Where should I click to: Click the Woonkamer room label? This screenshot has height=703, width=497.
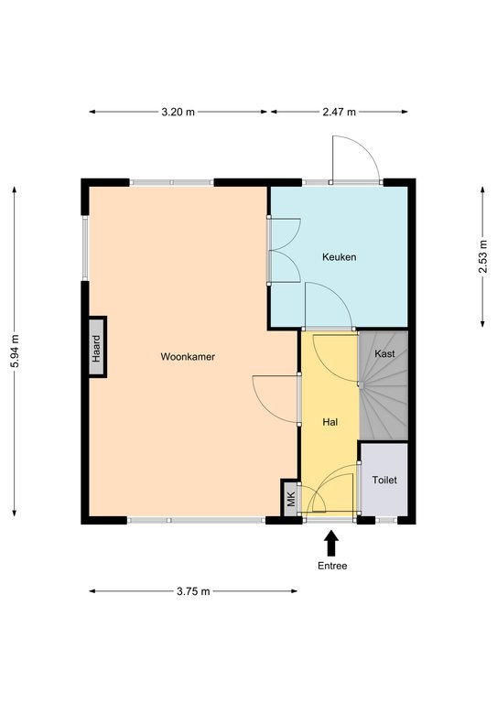188,357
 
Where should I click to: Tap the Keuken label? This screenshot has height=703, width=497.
340,257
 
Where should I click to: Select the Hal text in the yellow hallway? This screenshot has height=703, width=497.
330,422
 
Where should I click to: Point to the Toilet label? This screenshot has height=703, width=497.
384,480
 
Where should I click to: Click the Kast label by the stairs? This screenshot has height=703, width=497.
384,353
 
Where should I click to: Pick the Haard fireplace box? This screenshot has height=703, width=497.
97,347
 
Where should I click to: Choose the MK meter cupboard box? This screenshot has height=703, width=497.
290,498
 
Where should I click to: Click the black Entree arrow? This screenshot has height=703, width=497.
331,543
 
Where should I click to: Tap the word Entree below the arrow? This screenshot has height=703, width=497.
332,566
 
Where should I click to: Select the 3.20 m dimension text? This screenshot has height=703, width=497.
178,112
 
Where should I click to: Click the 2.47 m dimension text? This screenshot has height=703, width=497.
339,112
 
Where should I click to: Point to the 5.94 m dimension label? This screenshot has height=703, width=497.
15,351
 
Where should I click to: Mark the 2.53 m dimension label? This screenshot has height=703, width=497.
482,256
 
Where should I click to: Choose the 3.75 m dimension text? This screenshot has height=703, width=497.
193,591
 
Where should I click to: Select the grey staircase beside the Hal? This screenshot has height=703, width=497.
384,386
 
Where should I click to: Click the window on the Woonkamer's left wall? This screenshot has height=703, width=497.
85,248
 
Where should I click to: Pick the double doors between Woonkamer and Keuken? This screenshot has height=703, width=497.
283,250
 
